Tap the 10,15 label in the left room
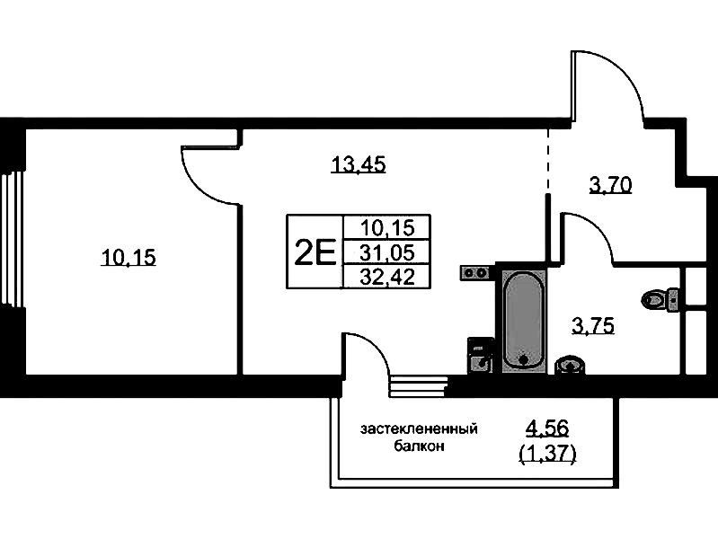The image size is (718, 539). [x=129, y=259]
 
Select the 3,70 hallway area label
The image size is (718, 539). [x=611, y=186]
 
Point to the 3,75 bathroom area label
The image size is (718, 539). [x=593, y=326]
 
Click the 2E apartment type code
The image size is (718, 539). [x=315, y=252]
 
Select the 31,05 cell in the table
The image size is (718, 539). [x=386, y=252]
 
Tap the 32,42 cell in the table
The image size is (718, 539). [x=386, y=277]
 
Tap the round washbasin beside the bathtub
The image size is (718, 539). [x=571, y=364]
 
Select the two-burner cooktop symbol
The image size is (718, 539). [x=475, y=271]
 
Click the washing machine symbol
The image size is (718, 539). [x=481, y=355]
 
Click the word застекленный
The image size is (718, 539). [x=419, y=429]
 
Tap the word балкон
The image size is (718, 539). [x=419, y=446]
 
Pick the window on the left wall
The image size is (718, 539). [x=11, y=239]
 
